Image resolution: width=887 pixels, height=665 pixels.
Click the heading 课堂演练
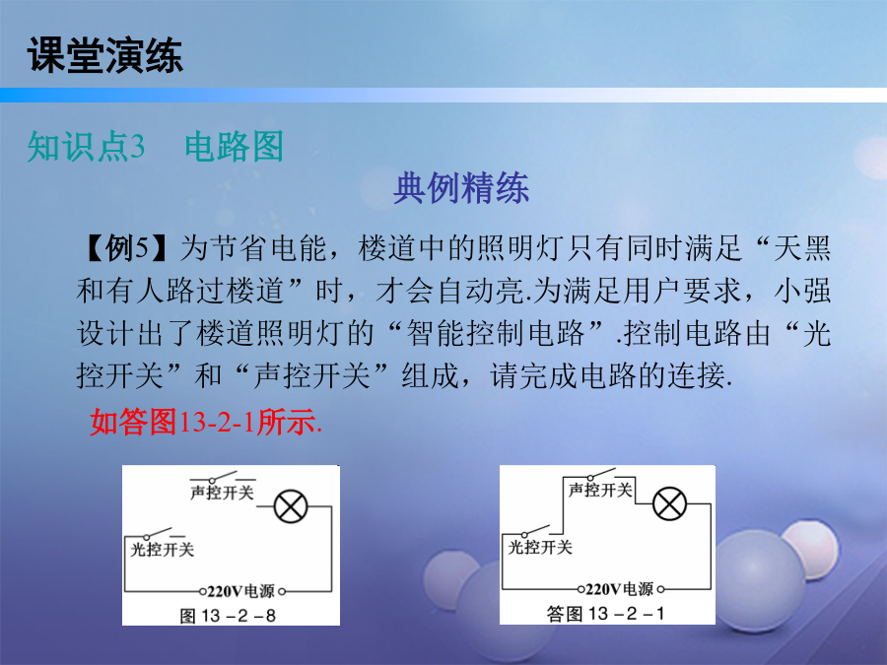105,55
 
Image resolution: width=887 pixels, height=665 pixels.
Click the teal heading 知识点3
86,147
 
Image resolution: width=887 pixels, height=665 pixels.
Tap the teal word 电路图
235,147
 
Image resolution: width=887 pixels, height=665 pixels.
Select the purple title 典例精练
461,188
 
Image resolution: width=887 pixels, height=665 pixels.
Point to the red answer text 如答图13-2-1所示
206,422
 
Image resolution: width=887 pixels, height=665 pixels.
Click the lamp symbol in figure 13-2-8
291,506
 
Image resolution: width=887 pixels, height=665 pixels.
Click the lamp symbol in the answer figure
670,503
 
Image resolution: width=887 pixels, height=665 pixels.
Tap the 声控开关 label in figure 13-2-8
222,493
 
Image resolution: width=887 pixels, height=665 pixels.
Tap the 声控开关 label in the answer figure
600,490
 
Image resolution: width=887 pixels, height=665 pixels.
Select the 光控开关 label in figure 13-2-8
163,549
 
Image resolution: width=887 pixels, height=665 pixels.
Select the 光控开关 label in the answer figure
540,547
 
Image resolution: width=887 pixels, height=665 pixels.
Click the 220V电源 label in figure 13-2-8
241,591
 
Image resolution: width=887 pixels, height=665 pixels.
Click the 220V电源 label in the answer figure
620,589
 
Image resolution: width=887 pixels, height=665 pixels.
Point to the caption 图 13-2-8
228,615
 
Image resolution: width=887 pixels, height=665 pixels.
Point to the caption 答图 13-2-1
606,613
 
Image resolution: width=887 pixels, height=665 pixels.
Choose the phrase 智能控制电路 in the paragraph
496,333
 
